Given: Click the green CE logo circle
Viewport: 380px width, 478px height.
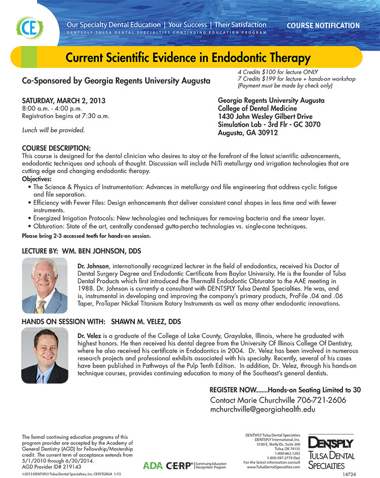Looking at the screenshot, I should [26, 27].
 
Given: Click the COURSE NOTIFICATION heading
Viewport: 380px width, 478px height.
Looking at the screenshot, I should [323, 25].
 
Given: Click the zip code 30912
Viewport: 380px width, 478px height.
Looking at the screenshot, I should [267, 132].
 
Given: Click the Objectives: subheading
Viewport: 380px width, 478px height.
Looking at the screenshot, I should [37, 179].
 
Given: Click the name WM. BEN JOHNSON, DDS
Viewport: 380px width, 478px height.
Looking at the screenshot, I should [101, 251].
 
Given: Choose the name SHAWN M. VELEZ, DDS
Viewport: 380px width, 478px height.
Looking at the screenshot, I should [146, 322].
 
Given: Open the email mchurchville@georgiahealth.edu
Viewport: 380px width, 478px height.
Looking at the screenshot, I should [259, 410].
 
